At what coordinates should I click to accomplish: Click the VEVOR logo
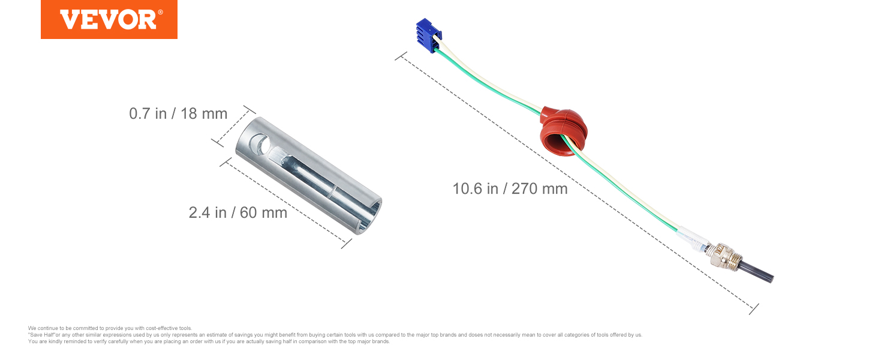pos(109,19)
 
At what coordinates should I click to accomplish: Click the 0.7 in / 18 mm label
pos(178,114)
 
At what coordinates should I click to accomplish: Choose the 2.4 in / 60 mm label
pos(238,212)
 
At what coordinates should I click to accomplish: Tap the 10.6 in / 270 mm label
pos(510,188)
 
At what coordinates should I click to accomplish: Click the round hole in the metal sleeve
pos(260,144)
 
